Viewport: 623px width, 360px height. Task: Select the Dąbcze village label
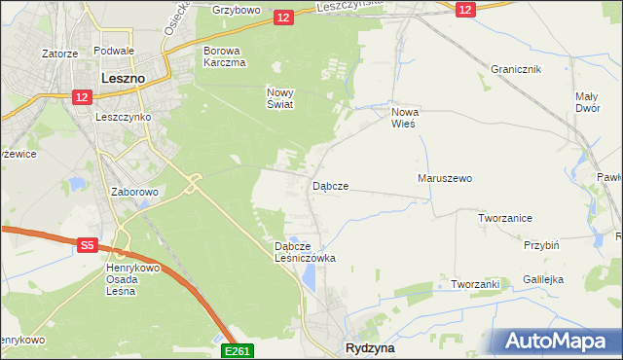click(330, 185)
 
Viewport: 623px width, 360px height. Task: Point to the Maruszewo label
click(444, 179)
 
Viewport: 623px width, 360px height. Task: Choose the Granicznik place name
click(516, 70)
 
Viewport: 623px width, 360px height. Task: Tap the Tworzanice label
click(504, 218)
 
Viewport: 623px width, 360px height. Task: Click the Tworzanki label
click(475, 284)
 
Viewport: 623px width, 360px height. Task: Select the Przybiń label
click(541, 246)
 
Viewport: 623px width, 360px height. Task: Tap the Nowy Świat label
click(279, 98)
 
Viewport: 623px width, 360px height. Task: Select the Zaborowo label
click(134, 192)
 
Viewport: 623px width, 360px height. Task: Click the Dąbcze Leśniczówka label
click(305, 252)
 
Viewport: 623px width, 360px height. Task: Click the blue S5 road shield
click(87, 246)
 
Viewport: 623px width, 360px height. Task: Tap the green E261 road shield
click(238, 350)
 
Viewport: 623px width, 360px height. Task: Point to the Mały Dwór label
click(587, 102)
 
